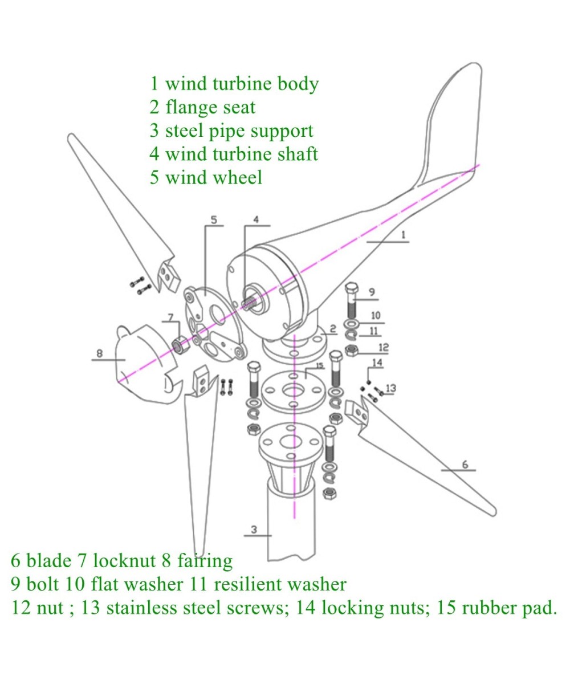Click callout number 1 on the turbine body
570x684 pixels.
pyautogui.click(x=403, y=234)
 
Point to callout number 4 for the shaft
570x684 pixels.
pyautogui.click(x=256, y=219)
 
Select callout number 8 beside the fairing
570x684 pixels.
pyautogui.click(x=99, y=353)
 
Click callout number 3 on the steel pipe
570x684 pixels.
pyautogui.click(x=254, y=530)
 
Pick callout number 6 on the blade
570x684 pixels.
pyautogui.click(x=465, y=465)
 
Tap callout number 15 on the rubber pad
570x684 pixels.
pyautogui.click(x=320, y=365)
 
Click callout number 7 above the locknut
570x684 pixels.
pyautogui.click(x=170, y=316)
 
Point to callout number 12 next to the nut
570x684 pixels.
pyautogui.click(x=383, y=347)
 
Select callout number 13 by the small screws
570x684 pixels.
pyautogui.click(x=390, y=388)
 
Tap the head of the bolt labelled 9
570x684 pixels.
pyautogui.click(x=351, y=289)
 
